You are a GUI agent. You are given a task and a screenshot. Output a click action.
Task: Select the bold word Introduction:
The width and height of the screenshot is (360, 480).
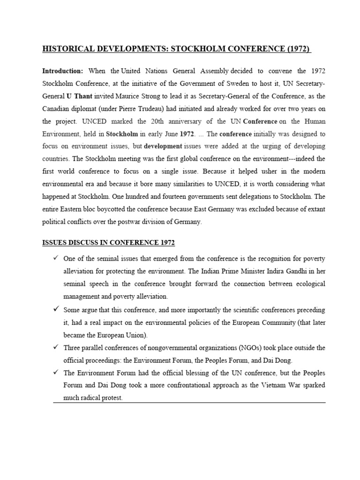pos(62,71)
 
